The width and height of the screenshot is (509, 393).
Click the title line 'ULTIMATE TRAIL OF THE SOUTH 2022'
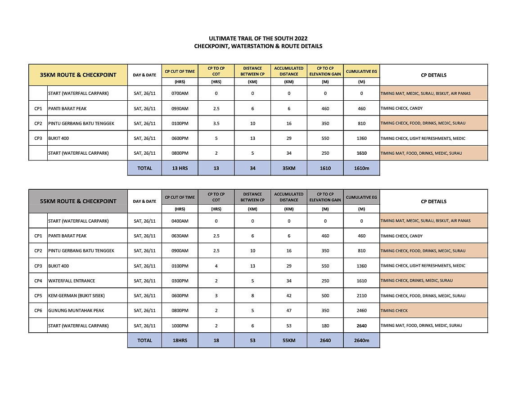pos(258,39)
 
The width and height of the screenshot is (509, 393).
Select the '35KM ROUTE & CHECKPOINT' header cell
pos(78,75)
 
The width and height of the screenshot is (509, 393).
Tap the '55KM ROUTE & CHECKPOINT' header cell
pos(78,201)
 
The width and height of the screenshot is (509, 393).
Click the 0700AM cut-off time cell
pos(180,94)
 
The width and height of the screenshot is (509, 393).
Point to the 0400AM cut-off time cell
pos(180,221)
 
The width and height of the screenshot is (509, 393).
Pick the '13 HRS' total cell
pos(180,168)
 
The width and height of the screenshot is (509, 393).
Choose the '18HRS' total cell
pos(180,340)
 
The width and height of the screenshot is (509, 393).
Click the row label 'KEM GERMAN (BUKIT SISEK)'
pos(74,296)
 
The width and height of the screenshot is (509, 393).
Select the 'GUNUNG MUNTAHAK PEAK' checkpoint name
pos(76,311)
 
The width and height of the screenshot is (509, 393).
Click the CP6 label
pos(38,311)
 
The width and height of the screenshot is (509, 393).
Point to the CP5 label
pos(38,296)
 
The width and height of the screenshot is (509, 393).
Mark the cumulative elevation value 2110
pos(361,296)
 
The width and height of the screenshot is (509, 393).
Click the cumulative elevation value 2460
pos(361,311)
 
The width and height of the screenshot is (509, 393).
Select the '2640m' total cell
pos(361,340)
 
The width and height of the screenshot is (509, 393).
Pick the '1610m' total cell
pos(361,168)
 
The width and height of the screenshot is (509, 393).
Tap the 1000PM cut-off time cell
pos(180,326)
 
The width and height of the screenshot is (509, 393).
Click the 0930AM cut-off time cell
pos(180,108)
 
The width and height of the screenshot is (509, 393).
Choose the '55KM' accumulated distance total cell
pos(289,340)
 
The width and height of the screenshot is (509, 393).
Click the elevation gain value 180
pos(325,326)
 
